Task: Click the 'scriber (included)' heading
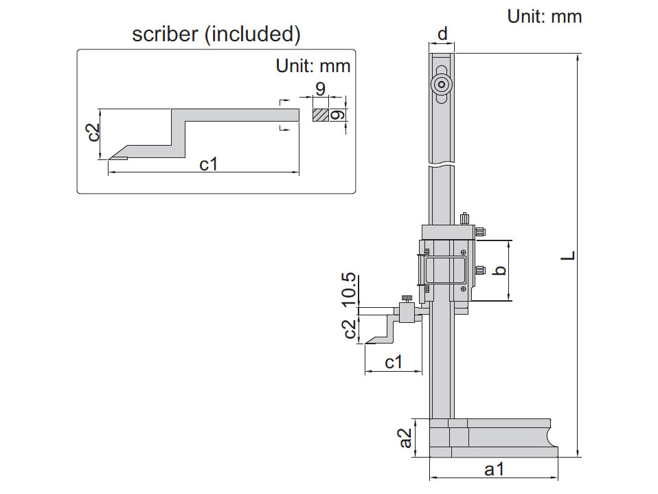click(x=216, y=34)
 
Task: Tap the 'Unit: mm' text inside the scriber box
click(x=313, y=66)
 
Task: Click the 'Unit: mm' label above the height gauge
click(x=544, y=16)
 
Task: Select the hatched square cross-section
click(x=320, y=115)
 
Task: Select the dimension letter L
click(x=568, y=255)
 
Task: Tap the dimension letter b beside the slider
click(x=501, y=270)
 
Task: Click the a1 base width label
click(x=494, y=470)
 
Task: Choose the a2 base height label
click(x=406, y=438)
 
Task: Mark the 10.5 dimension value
click(x=349, y=289)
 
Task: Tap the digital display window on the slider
click(x=447, y=270)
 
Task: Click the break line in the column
click(x=442, y=166)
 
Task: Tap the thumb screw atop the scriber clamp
click(x=407, y=298)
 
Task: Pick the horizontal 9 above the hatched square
click(x=319, y=89)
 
